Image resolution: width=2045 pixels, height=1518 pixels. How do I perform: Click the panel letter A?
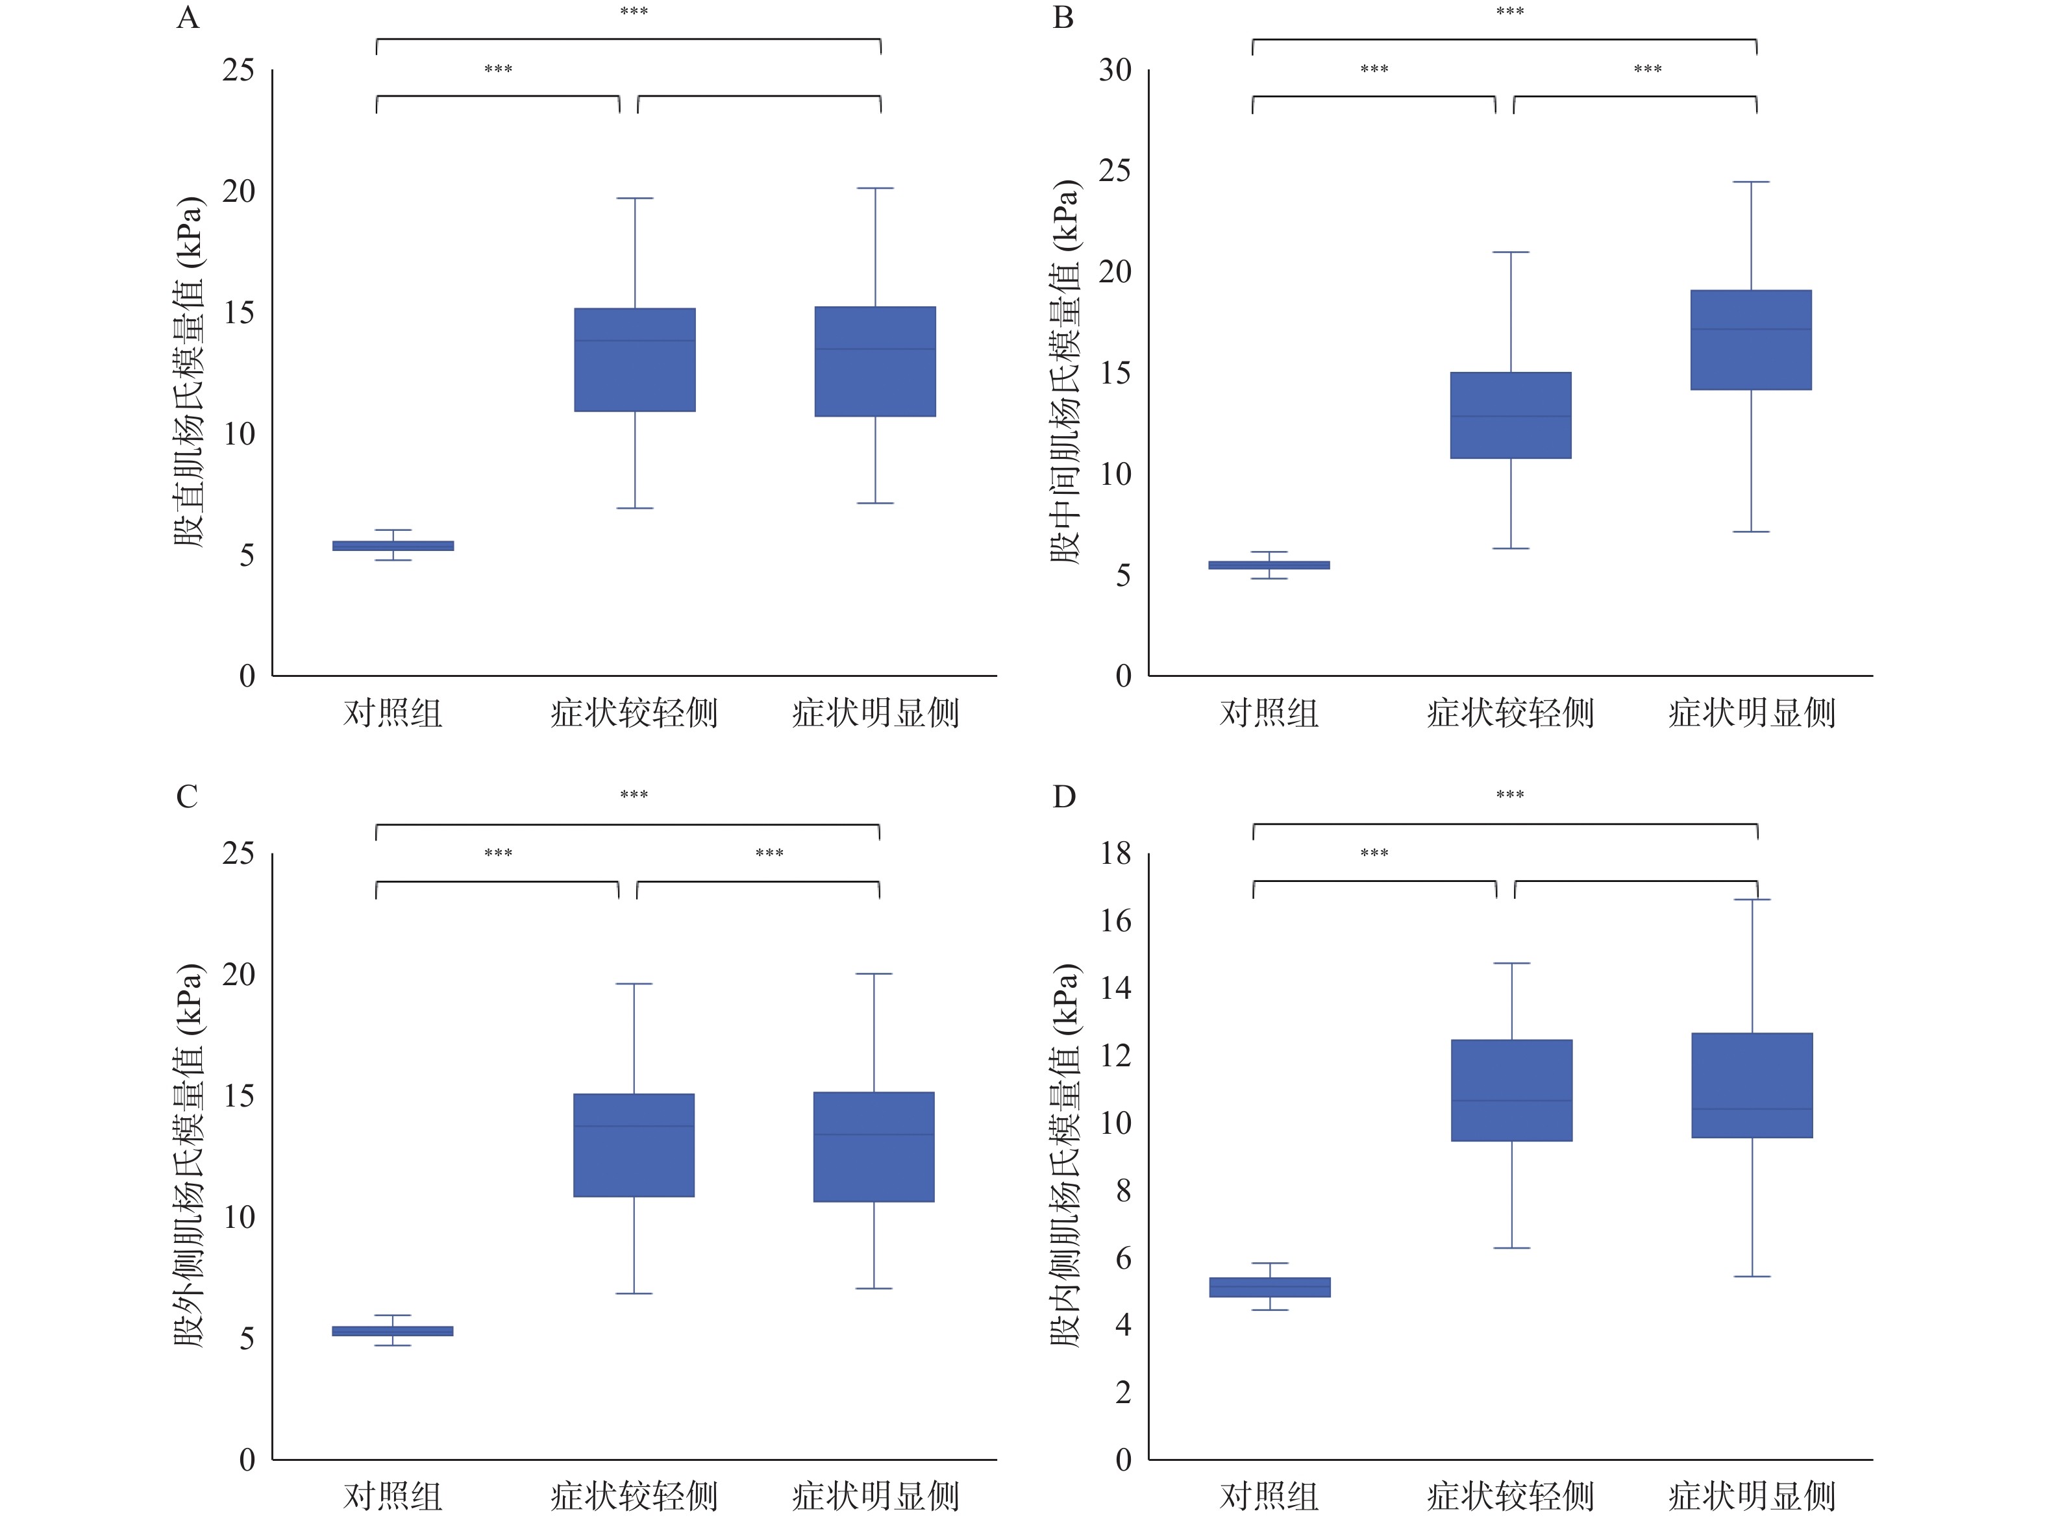pos(188,18)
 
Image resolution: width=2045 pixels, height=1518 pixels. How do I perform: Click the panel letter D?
pos(1063,797)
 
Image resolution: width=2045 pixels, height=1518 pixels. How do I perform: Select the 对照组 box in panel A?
pos(393,546)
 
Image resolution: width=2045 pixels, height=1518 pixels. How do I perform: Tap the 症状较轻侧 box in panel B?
pos(1510,415)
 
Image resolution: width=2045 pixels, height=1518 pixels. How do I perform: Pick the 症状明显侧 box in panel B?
pos(1751,340)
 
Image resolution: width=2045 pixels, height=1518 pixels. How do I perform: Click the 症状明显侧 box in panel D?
pos(1752,1085)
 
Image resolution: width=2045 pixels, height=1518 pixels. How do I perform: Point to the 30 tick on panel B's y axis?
pos(1115,70)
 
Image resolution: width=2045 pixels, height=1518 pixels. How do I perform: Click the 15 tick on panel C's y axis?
pos(238,1096)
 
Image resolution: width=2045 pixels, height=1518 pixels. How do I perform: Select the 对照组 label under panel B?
pos(1269,713)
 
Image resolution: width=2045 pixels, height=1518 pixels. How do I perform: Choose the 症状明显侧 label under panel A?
pos(875,713)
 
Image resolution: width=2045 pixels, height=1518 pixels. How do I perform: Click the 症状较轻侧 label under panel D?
pos(1510,1496)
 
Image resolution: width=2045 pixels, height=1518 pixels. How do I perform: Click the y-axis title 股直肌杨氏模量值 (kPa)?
pos(188,372)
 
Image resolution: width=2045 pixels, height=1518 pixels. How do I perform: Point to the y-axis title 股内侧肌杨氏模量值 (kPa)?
pos(1064,1155)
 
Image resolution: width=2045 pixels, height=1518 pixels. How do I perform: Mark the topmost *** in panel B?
pos(1510,12)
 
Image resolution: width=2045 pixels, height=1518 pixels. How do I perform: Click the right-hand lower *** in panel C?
pos(769,853)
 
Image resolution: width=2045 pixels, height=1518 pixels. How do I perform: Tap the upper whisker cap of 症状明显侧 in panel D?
pos(1752,900)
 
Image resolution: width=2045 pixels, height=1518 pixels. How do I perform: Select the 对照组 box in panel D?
pos(1269,1288)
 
